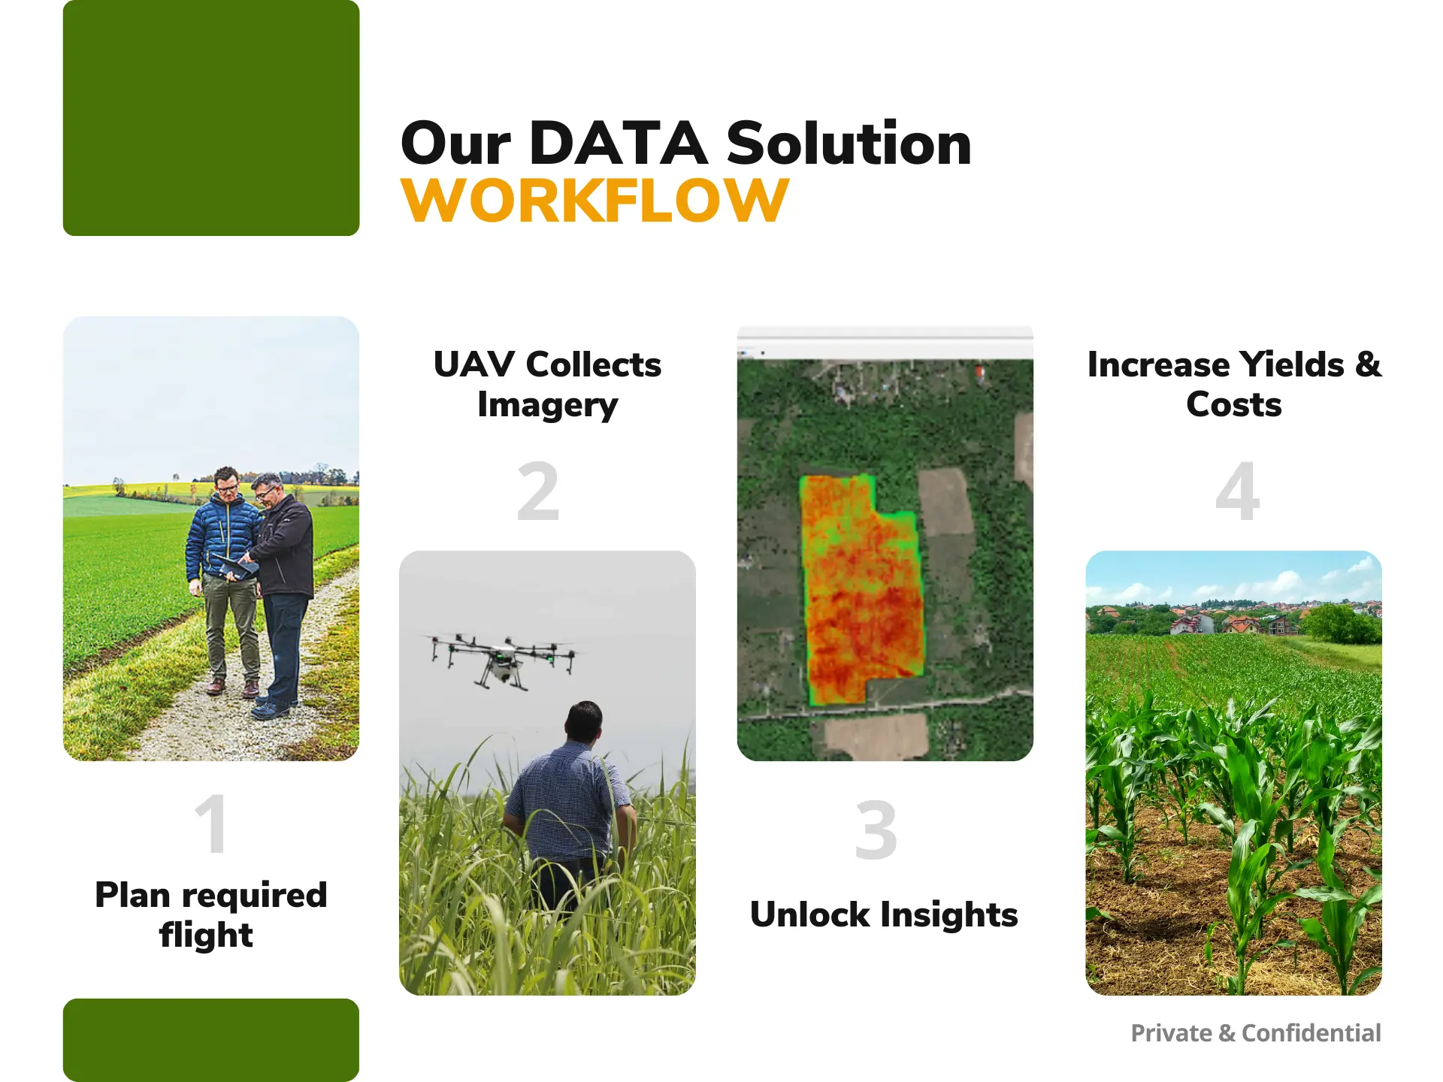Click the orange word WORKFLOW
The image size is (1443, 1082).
point(594,201)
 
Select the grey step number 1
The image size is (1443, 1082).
point(211,824)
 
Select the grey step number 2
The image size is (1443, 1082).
point(538,492)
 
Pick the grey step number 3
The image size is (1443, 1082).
point(876,831)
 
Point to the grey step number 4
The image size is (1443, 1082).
point(1237,492)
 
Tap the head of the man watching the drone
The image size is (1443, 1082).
point(584,721)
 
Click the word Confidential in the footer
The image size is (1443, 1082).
point(1311,1033)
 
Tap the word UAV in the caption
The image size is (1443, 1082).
point(473,364)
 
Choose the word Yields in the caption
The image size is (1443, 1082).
point(1291,364)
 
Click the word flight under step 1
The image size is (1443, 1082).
point(206,935)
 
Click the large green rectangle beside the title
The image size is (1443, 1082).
point(211,118)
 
